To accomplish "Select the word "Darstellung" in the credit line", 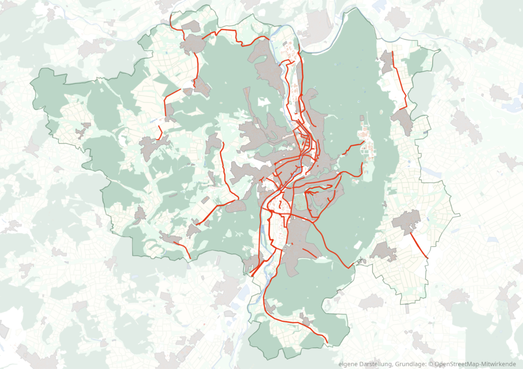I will tap(375, 364).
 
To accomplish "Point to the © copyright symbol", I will tap(431, 364).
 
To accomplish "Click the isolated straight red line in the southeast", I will tap(419, 245).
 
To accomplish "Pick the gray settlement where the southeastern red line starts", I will tap(407, 221).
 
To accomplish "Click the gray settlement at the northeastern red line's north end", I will tap(387, 62).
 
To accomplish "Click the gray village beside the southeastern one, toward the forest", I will tap(383, 251).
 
